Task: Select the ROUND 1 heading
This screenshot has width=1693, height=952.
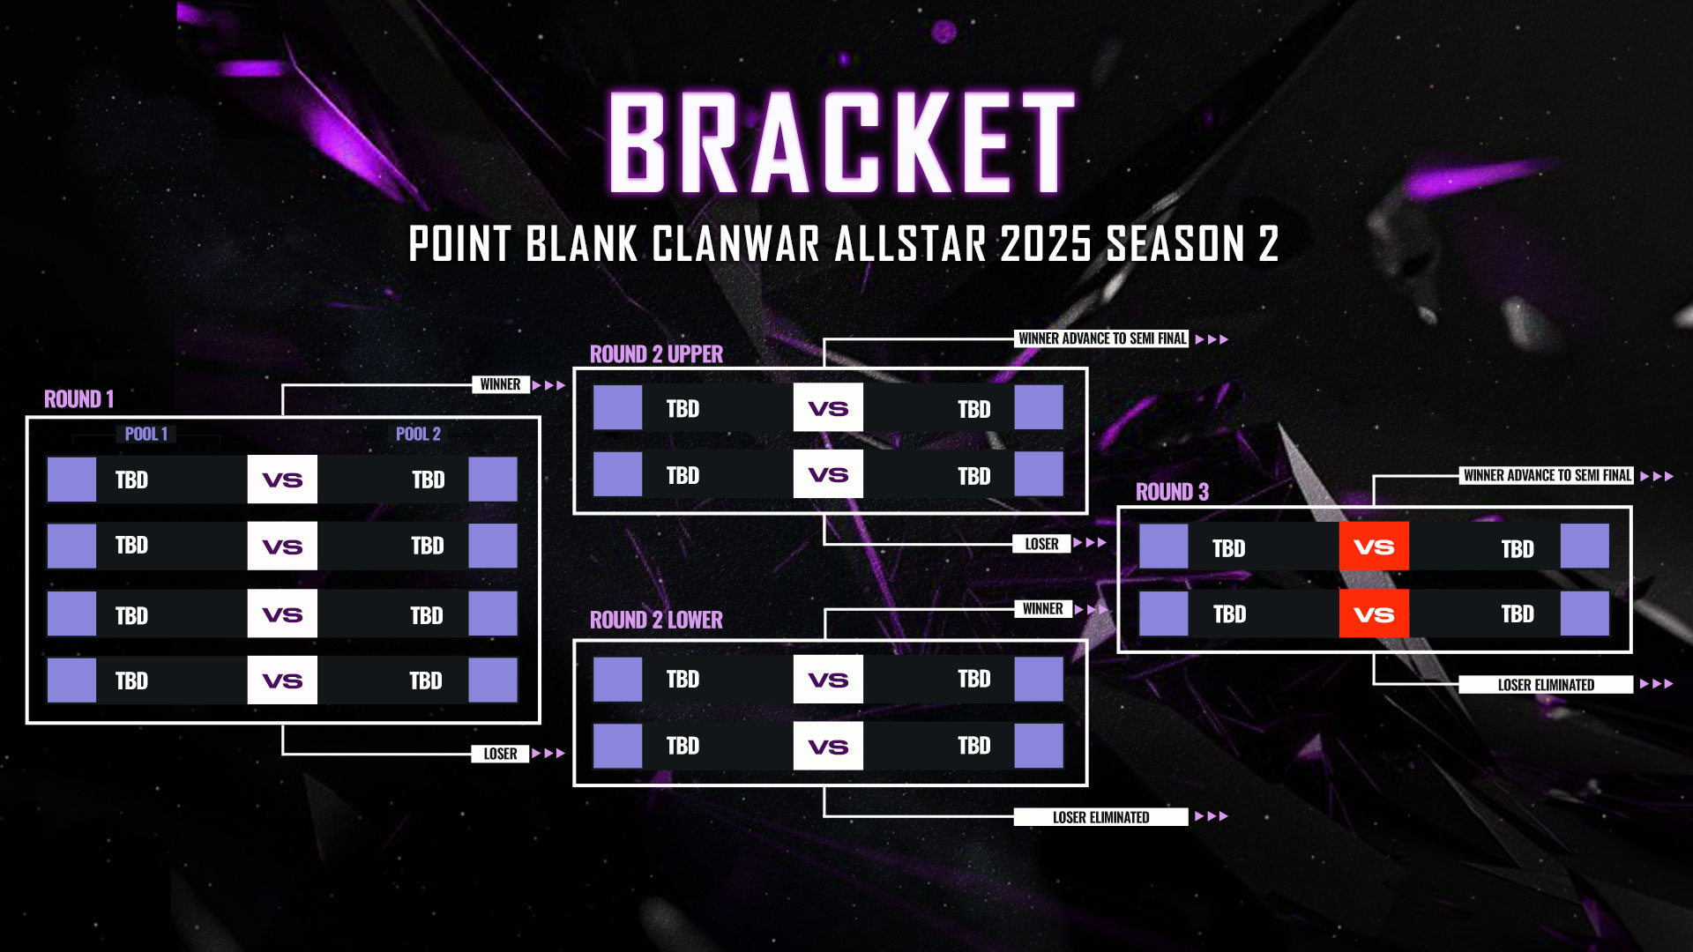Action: pyautogui.click(x=79, y=399)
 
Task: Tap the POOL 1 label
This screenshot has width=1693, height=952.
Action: pyautogui.click(x=146, y=434)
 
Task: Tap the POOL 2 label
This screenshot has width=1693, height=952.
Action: pyautogui.click(x=418, y=434)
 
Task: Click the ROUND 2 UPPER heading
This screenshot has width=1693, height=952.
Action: pyautogui.click(x=656, y=354)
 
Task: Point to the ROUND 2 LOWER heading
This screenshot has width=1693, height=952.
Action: pyautogui.click(x=656, y=621)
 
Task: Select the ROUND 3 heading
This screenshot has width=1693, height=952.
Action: pyautogui.click(x=1172, y=492)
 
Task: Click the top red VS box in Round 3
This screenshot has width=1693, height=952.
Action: pyautogui.click(x=1374, y=547)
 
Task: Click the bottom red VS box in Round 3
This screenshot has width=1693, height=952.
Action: pyautogui.click(x=1374, y=614)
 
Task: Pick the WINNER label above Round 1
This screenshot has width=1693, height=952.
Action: pyautogui.click(x=500, y=384)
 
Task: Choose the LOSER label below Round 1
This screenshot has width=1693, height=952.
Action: pyautogui.click(x=500, y=754)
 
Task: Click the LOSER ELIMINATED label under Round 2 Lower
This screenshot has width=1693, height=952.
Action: pyautogui.click(x=1100, y=817)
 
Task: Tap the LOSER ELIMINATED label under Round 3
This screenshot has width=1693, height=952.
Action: pyautogui.click(x=1546, y=685)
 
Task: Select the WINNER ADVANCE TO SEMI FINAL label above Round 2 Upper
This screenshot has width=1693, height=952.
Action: pyautogui.click(x=1102, y=338)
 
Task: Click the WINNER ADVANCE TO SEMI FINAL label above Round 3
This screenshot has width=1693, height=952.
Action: pyautogui.click(x=1548, y=475)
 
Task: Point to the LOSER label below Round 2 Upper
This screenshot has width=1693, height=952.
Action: pyautogui.click(x=1041, y=544)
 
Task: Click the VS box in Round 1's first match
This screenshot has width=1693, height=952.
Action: pyautogui.click(x=282, y=480)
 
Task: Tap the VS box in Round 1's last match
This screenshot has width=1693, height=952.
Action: pyautogui.click(x=282, y=680)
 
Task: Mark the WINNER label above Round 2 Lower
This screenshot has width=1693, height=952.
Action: pyautogui.click(x=1042, y=609)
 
